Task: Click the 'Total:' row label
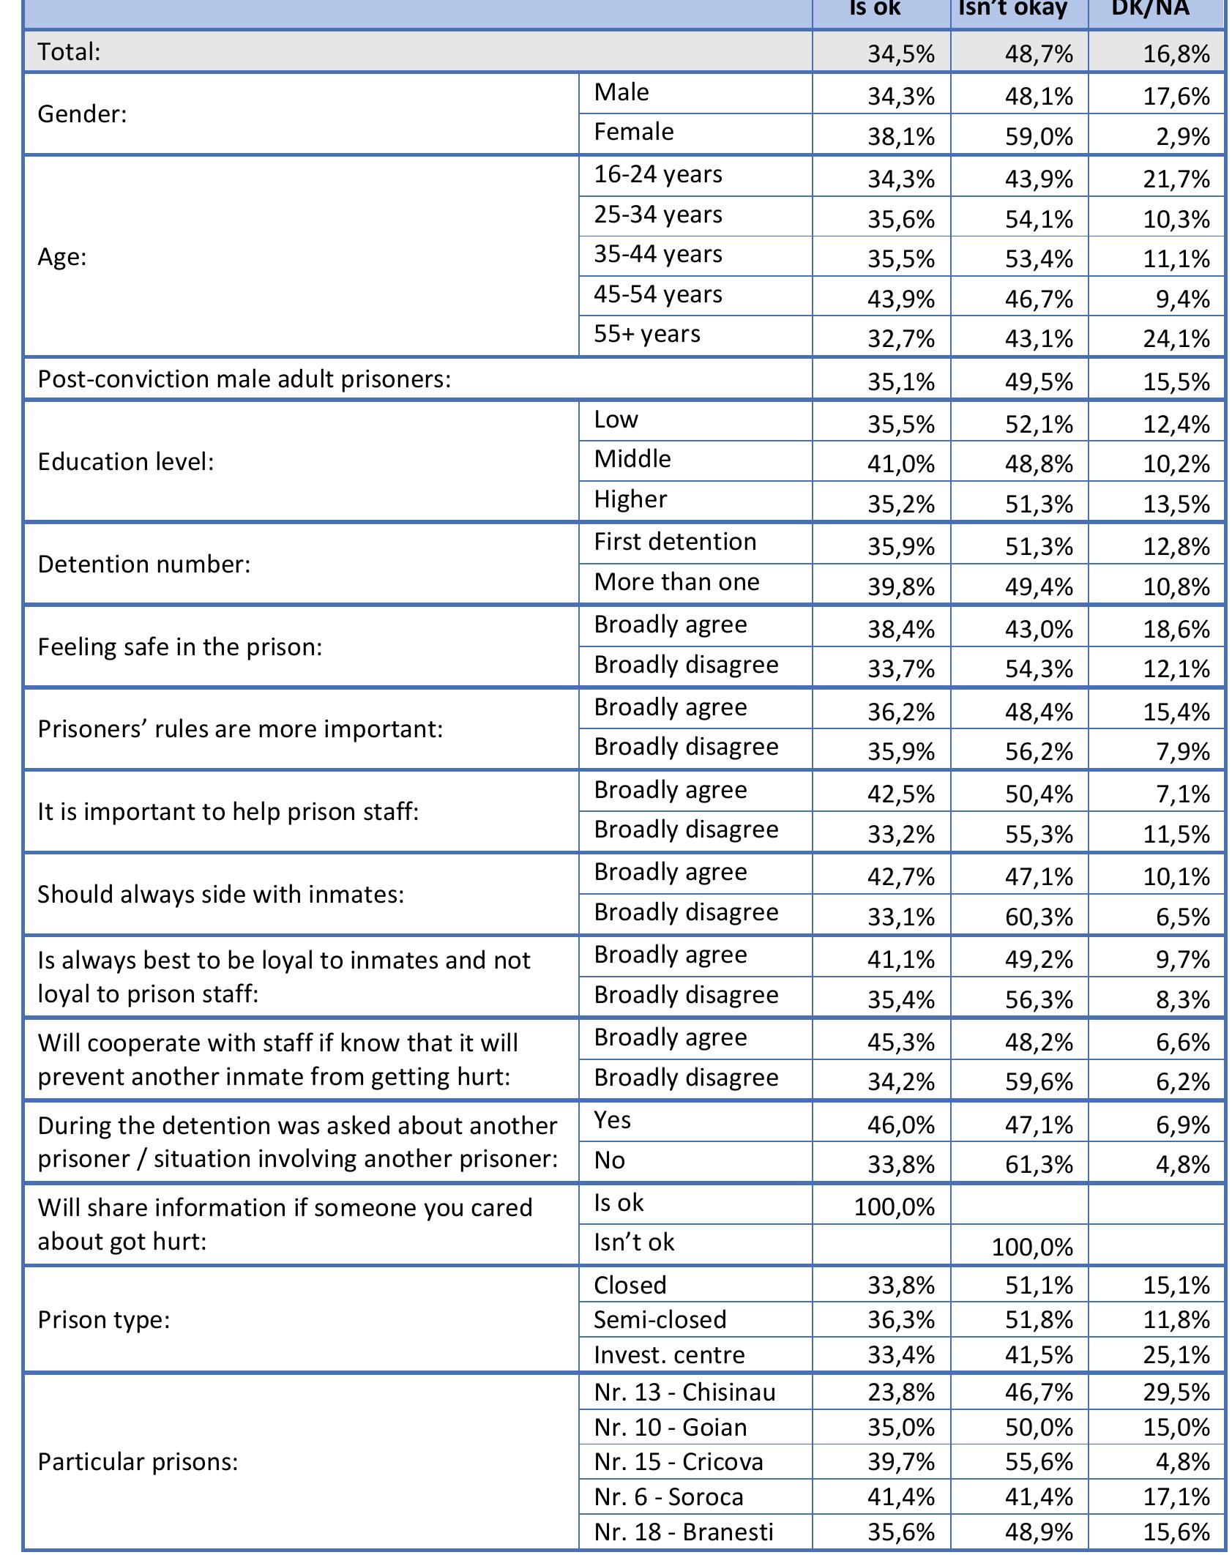coord(69,52)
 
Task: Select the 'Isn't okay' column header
coord(1012,9)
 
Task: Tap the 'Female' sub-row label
coord(634,133)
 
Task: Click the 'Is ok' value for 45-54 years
coord(901,299)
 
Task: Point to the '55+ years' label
coord(647,334)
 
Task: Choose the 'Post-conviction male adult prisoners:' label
coord(244,379)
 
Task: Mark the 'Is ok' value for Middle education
coord(901,464)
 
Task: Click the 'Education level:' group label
coord(126,462)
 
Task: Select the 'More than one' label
coord(676,582)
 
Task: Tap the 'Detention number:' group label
coord(144,564)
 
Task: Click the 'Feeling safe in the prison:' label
coord(180,647)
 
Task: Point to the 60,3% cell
coord(1039,917)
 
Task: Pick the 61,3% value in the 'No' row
coord(1039,1164)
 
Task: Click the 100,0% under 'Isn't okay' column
coord(1032,1247)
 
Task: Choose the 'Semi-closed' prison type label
coord(660,1320)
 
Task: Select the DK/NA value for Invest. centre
coord(1176,1355)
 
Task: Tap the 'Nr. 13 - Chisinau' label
coord(684,1392)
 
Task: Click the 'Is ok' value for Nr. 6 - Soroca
coord(901,1496)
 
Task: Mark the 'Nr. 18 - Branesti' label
coord(684,1532)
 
